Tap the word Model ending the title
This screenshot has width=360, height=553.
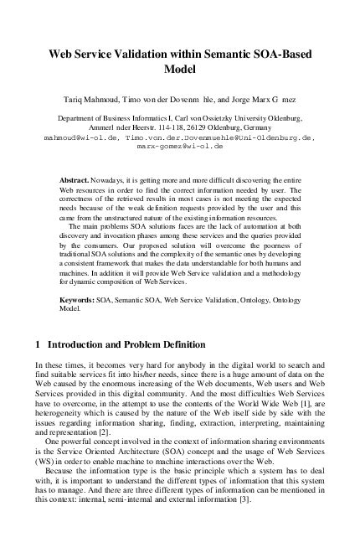pyautogui.click(x=179, y=69)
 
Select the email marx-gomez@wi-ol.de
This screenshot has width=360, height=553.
pyautogui.click(x=179, y=146)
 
